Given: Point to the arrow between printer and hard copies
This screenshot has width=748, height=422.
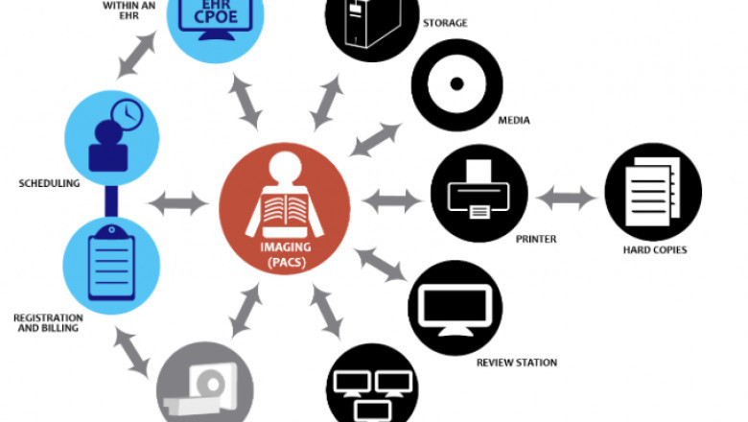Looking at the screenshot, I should [566, 199].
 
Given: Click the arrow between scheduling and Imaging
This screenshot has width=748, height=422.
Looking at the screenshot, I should [178, 202].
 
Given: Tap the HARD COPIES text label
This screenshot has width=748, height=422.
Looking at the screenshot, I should [654, 250].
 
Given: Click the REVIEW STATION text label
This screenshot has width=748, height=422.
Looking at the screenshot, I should [517, 363].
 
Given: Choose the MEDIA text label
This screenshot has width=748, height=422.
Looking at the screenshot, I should [514, 121].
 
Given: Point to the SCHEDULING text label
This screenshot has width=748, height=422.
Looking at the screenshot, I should [47, 182].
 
